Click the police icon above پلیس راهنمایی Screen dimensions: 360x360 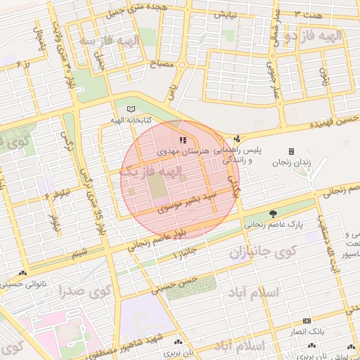[237, 139]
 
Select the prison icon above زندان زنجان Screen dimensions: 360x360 [291, 151]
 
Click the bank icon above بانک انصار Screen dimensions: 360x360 [306, 320]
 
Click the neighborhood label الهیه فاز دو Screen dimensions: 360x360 [333, 36]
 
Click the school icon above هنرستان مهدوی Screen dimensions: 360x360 [183, 141]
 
